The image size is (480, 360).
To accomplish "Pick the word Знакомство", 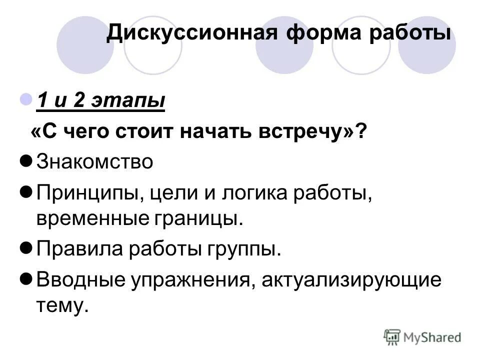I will tap(94, 162).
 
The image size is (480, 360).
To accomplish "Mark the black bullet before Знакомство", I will tap(28, 161).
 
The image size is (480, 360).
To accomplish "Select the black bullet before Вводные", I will tap(28, 278).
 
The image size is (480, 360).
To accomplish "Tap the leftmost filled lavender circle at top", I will tap(85, 45).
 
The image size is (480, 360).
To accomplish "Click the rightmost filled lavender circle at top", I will tap(427, 45).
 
